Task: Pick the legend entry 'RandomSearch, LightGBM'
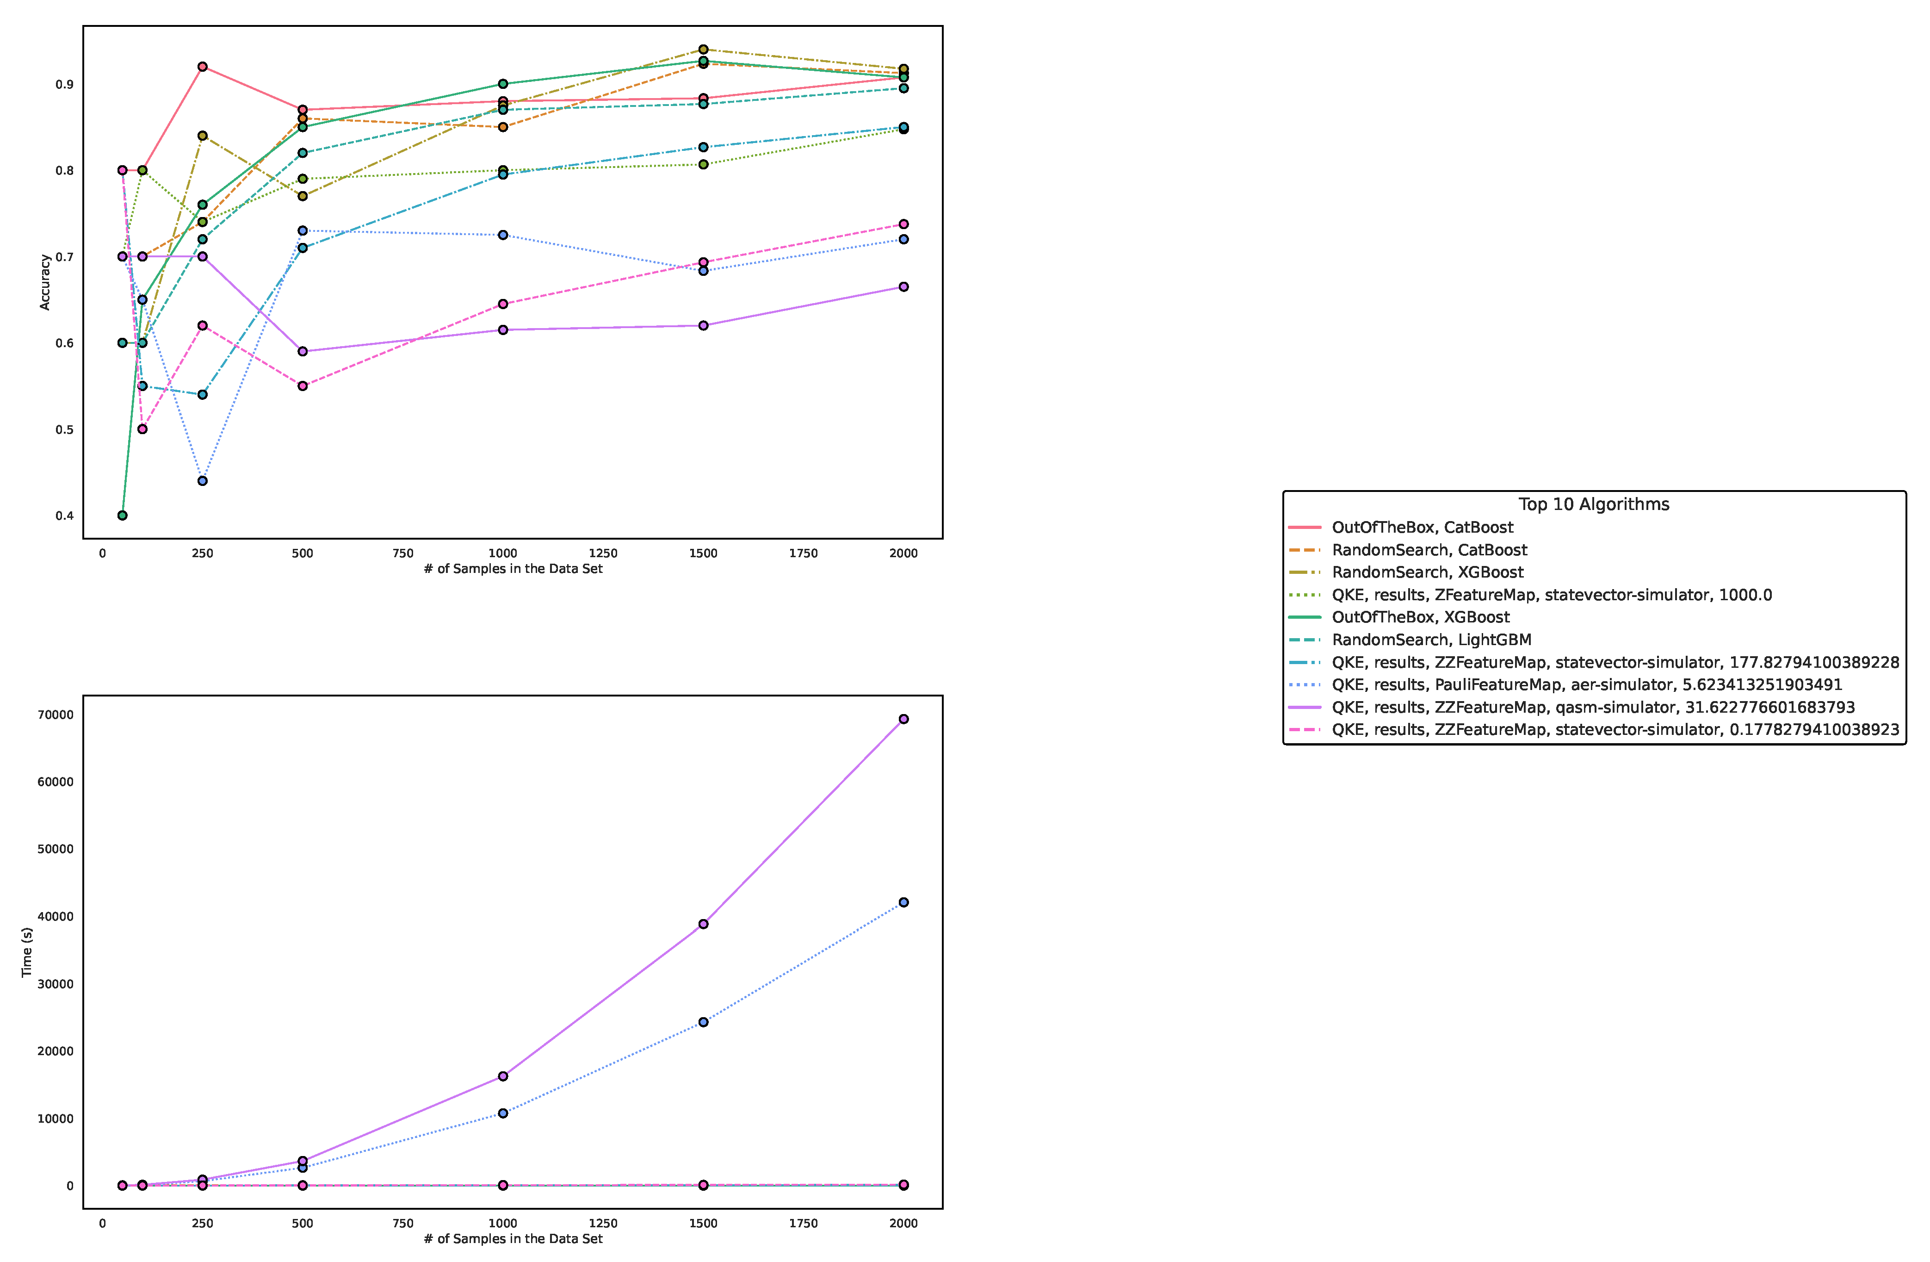pyautogui.click(x=1431, y=640)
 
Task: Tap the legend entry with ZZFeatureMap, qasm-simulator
pyautogui.click(x=1593, y=707)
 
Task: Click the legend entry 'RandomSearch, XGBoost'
pyautogui.click(x=1427, y=572)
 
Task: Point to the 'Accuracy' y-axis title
pyautogui.click(x=45, y=282)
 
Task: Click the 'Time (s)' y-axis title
pyautogui.click(x=27, y=952)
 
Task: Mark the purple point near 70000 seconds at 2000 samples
pyautogui.click(x=903, y=720)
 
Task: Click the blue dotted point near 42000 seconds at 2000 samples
pyautogui.click(x=903, y=903)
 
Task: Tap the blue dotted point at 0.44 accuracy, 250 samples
pyautogui.click(x=203, y=481)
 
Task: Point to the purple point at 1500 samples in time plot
pyautogui.click(x=703, y=924)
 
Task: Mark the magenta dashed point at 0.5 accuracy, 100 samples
pyautogui.click(x=143, y=429)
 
